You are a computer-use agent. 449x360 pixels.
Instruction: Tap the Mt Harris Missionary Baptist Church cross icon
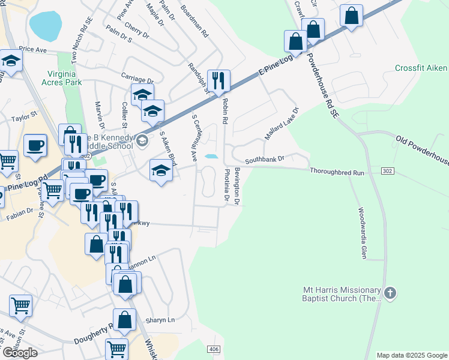[391, 293]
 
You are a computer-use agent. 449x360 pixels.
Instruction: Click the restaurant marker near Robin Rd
[218, 80]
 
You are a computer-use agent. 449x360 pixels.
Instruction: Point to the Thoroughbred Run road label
[337, 172]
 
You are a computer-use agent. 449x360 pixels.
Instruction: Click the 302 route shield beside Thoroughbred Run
[387, 172]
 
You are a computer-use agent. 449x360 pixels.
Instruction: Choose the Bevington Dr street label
[237, 187]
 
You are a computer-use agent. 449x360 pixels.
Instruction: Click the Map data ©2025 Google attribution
[412, 355]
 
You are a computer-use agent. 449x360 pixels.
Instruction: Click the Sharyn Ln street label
[163, 320]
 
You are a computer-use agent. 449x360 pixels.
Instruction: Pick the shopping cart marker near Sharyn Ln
[116, 349]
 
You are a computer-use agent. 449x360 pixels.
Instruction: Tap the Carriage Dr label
[137, 79]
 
